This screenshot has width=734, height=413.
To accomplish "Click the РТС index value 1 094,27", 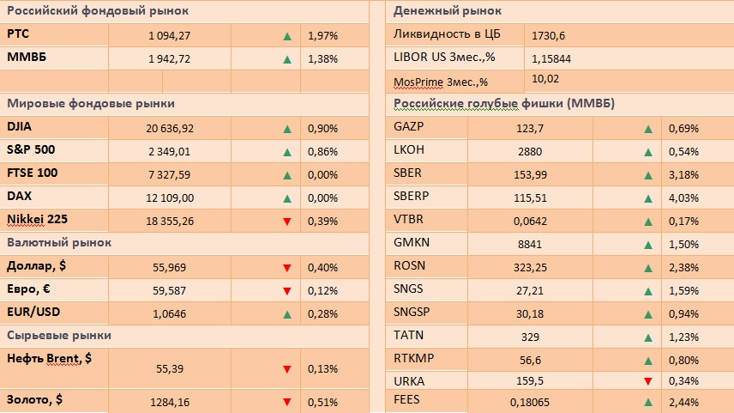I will pos(169,36).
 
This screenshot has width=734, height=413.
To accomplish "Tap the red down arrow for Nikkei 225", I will pos(287,222).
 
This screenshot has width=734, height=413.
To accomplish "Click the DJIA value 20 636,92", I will pos(171,129).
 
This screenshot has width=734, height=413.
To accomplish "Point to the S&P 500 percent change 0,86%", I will pos(322,152).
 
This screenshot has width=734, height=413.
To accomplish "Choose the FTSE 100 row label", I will pos(33,173).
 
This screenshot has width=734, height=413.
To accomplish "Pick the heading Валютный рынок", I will pos(59,243).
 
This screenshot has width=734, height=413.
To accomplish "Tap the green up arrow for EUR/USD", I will pos(287,313).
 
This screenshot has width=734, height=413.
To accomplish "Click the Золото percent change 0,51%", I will pos(322,401).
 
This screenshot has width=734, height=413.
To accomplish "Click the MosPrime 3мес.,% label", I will pos(440,82).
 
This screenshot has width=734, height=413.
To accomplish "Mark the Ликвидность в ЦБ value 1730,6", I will pos(549,35).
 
